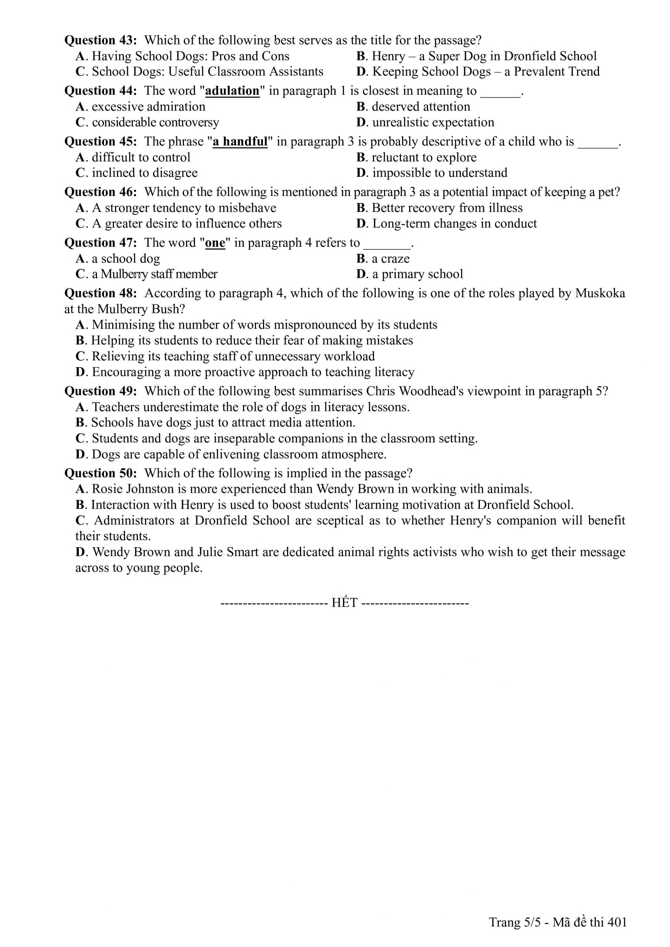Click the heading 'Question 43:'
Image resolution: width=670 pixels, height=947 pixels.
pyautogui.click(x=100, y=40)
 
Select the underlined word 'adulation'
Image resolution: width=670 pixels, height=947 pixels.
pyautogui.click(x=232, y=91)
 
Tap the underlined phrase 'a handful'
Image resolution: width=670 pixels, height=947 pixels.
pyautogui.click(x=240, y=141)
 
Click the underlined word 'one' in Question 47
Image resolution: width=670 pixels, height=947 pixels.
pyautogui.click(x=215, y=243)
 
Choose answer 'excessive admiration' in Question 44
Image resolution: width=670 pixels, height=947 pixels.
pyautogui.click(x=148, y=107)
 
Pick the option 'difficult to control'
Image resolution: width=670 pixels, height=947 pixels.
pyautogui.click(x=141, y=157)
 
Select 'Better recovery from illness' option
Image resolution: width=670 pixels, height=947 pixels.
pyautogui.click(x=447, y=208)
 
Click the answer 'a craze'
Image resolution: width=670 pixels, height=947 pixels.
pyautogui.click(x=390, y=259)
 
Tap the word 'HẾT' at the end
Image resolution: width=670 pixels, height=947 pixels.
pyautogui.click(x=344, y=603)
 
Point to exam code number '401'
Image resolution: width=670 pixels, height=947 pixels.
pyautogui.click(x=617, y=922)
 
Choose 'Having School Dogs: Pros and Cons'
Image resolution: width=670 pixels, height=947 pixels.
pyautogui.click(x=190, y=56)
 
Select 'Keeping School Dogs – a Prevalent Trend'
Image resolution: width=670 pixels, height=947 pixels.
pyautogui.click(x=486, y=72)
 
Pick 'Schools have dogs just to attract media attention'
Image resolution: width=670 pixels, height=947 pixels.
pyautogui.click(x=223, y=423)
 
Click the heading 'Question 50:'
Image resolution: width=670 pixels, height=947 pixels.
pyautogui.click(x=100, y=473)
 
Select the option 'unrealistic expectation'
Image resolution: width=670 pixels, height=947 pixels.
pyautogui.click(x=433, y=122)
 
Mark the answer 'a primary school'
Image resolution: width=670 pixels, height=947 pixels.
pyautogui.click(x=417, y=274)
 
